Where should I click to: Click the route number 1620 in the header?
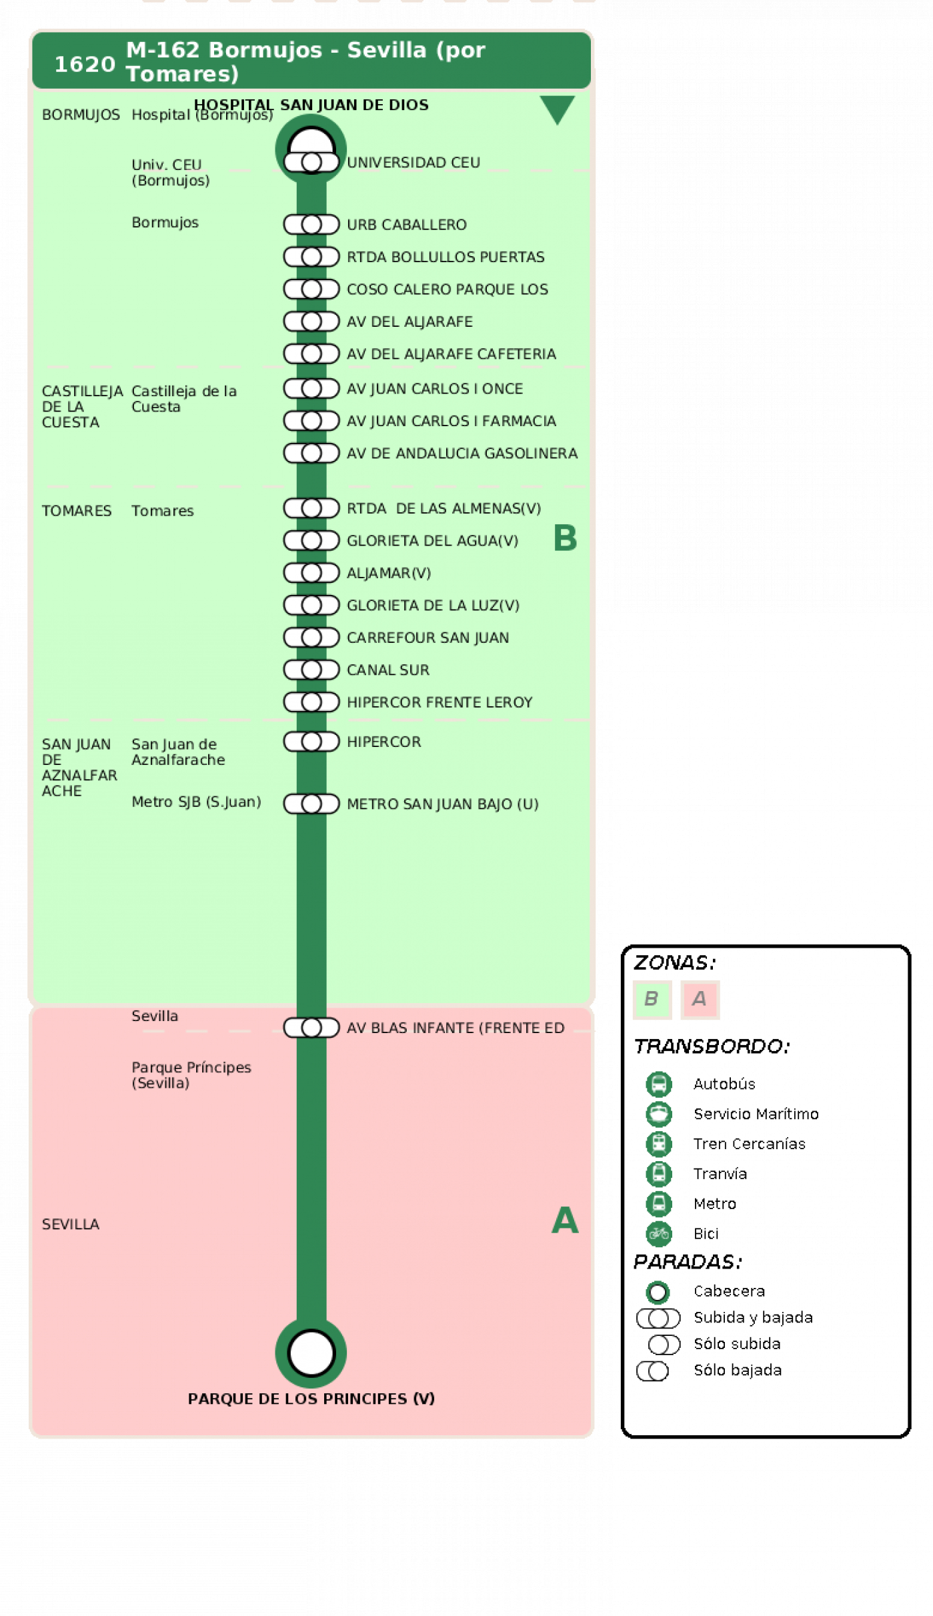point(85,64)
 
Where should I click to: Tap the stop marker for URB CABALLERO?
point(311,225)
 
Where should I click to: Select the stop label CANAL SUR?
point(388,670)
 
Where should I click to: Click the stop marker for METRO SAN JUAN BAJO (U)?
point(311,804)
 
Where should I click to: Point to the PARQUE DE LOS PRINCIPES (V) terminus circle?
point(311,1353)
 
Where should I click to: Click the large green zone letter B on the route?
point(565,538)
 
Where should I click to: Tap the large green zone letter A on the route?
point(565,1220)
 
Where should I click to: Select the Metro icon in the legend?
point(659,1204)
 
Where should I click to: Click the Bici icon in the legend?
point(659,1234)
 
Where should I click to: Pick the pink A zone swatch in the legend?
point(700,999)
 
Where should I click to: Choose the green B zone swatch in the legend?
point(652,999)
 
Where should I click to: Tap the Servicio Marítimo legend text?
point(756,1114)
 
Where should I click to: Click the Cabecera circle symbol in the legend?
point(658,1292)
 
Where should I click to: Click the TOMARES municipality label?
point(77,511)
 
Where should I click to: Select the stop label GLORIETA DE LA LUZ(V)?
point(433,605)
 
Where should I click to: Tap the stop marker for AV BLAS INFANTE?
point(311,1028)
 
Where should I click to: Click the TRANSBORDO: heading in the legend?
point(712,1046)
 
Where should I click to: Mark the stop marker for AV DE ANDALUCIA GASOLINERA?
point(311,453)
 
